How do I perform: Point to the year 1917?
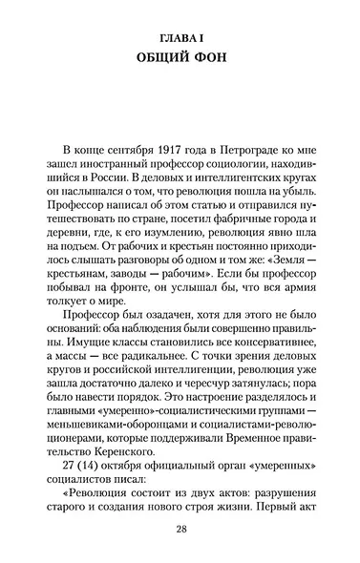[161, 150]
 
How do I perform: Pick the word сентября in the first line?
[116, 150]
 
